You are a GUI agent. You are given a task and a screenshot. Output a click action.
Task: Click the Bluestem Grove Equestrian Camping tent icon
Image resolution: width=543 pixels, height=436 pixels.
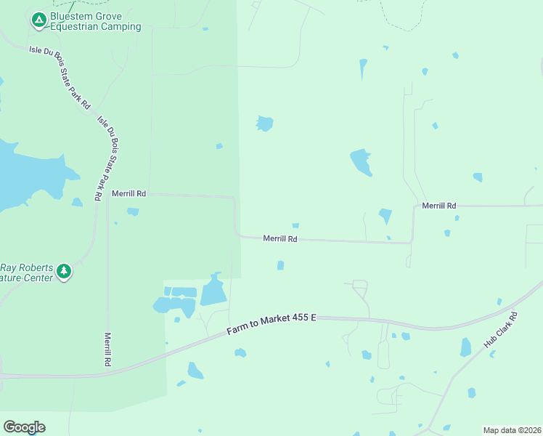coord(38,20)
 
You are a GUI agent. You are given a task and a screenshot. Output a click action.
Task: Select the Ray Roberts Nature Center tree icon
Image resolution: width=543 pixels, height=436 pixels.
coord(64,271)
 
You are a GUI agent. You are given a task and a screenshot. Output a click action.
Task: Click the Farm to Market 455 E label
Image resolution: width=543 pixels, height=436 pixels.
coord(271,324)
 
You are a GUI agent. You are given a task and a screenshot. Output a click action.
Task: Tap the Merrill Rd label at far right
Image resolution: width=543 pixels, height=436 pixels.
coord(439,206)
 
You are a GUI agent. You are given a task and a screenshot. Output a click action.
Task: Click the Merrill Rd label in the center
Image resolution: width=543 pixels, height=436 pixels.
coord(280,238)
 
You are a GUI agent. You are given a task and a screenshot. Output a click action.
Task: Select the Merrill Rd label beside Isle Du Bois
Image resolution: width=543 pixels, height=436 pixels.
coord(129,194)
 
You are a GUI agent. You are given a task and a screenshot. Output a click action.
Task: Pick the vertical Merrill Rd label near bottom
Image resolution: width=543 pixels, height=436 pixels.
coord(107,350)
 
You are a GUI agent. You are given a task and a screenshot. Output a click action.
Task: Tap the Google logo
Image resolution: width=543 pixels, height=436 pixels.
coord(24,427)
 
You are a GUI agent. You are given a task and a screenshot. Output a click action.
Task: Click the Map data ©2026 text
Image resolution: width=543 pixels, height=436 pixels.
coord(513,430)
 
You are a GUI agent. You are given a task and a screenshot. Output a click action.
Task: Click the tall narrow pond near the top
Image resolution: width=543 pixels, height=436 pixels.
coord(363,69)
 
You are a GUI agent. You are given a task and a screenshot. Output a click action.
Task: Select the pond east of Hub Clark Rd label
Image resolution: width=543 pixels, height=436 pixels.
coord(465,347)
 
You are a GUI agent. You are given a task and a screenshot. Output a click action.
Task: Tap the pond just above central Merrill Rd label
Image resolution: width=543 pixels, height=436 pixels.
coord(295,225)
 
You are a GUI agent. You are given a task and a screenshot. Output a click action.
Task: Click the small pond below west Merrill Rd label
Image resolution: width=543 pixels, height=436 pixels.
coord(133,211)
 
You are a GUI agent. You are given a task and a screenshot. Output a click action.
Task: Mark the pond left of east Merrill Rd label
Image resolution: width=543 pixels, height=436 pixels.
coord(385,216)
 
